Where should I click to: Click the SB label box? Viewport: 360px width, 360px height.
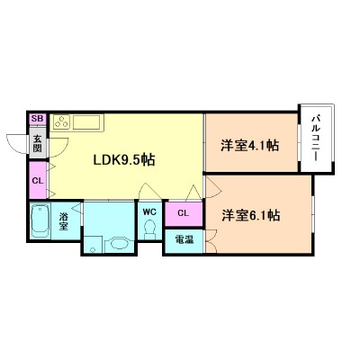[37, 119]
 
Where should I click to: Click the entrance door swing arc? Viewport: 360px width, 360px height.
[18, 144]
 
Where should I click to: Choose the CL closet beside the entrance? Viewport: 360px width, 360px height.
[38, 180]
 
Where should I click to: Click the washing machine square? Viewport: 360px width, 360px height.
[94, 241]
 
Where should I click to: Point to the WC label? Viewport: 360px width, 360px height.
[149, 213]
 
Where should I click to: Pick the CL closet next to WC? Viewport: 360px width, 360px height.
[183, 213]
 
